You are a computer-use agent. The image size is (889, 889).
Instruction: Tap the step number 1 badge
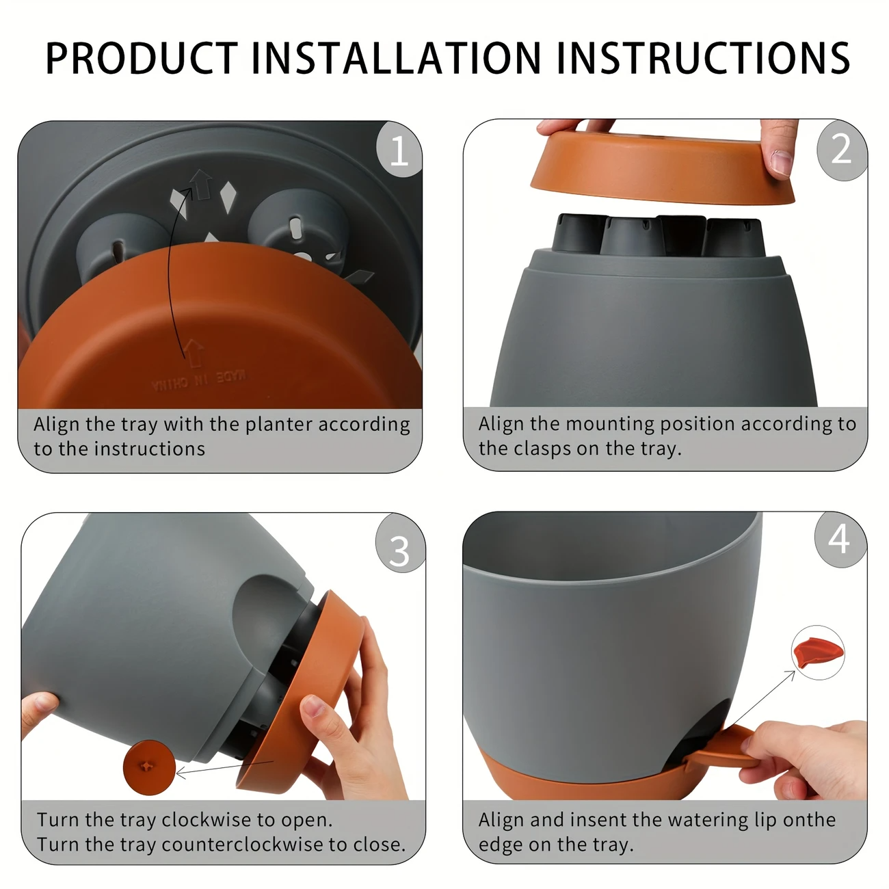(399, 150)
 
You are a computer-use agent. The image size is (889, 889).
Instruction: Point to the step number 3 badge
(399, 550)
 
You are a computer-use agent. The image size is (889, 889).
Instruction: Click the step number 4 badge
(840, 540)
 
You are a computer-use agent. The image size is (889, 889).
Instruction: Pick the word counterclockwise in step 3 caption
(243, 845)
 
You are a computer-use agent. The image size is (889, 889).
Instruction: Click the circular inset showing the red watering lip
(818, 652)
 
